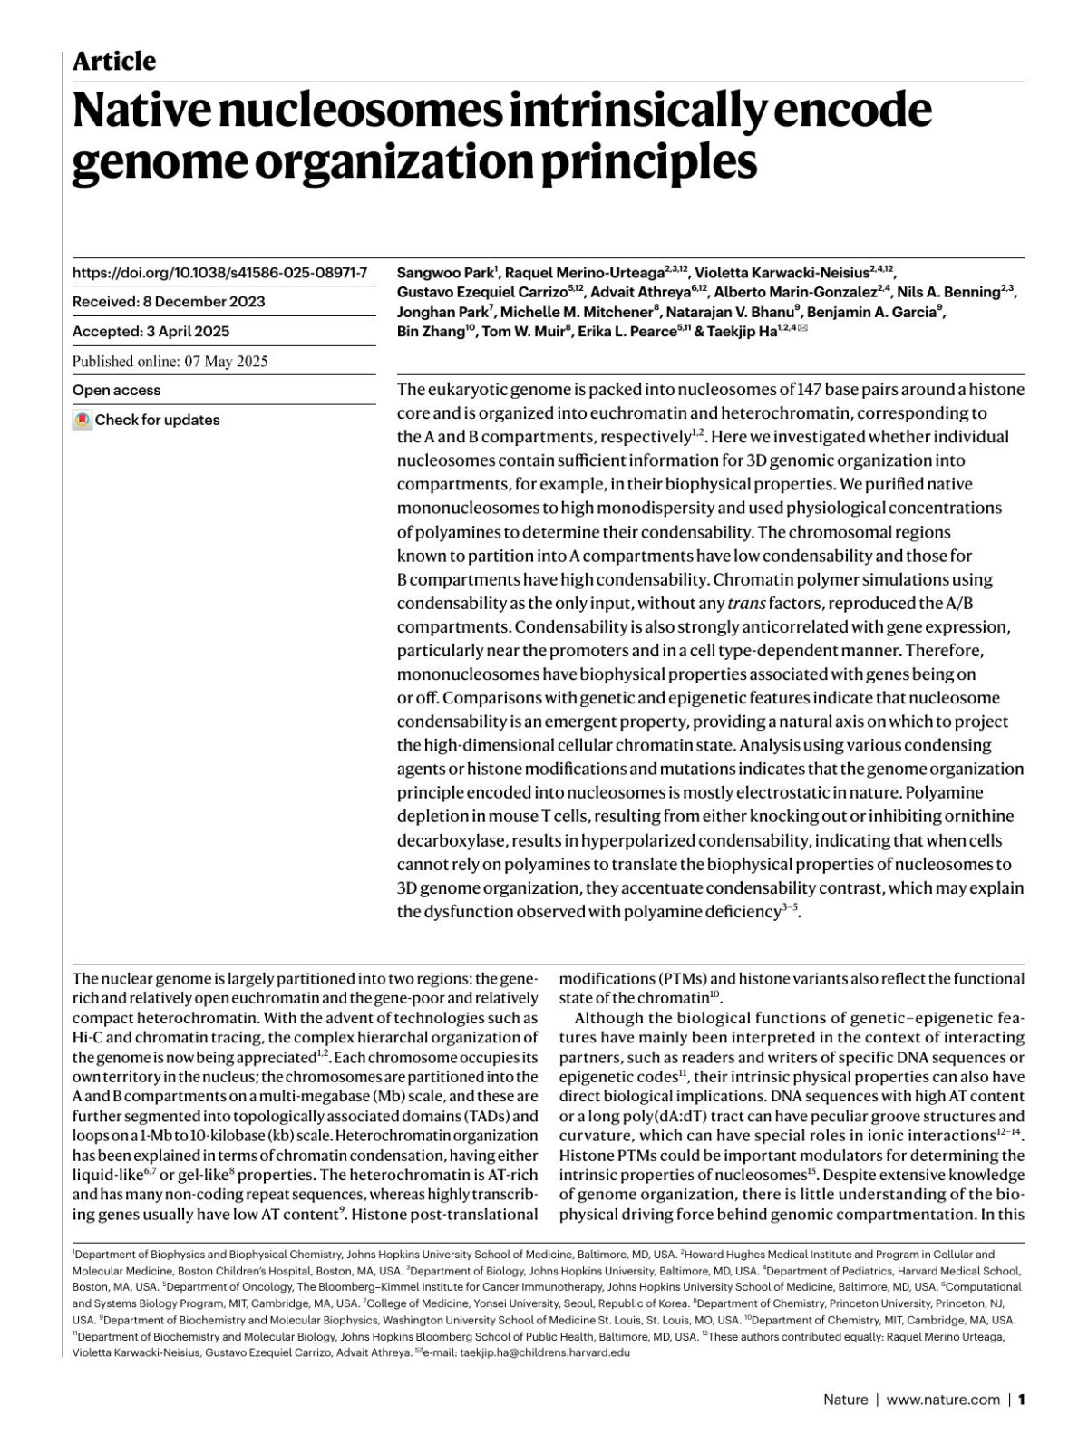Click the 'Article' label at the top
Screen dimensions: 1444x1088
click(x=113, y=61)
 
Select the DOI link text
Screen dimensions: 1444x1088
click(x=219, y=272)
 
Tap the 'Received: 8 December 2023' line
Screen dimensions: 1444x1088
click(x=169, y=302)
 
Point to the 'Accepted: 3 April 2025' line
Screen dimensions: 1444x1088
click(x=151, y=332)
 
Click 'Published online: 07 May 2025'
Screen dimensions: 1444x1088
click(x=170, y=361)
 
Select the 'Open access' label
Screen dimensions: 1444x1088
click(x=116, y=391)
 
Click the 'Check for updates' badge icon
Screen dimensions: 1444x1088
click(x=83, y=421)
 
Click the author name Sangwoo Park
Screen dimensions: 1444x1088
click(x=444, y=272)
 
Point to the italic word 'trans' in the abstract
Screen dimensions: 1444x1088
click(x=746, y=603)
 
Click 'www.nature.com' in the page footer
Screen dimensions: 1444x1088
click(x=943, y=1400)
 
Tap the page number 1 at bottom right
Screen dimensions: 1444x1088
click(x=1021, y=1400)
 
